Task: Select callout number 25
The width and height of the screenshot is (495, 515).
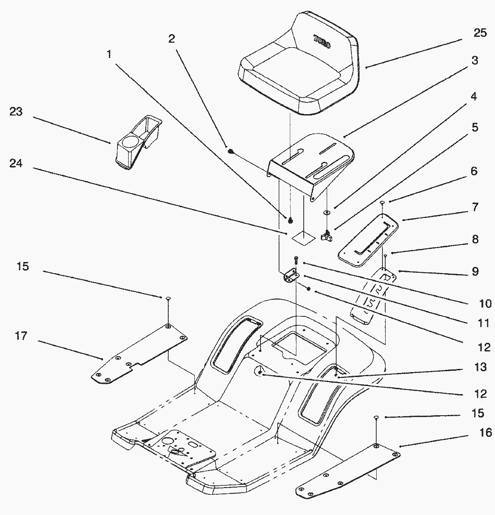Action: (x=480, y=33)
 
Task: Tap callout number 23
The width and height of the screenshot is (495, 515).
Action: (x=16, y=111)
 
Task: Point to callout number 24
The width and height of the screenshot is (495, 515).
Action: (x=16, y=164)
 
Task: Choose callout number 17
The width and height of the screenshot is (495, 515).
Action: (x=21, y=336)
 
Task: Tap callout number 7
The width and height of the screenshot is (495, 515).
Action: (x=475, y=208)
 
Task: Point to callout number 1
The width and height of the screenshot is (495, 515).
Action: (x=109, y=54)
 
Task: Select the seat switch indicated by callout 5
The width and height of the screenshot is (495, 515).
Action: (x=326, y=235)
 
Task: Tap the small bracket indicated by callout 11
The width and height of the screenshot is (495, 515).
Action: (x=290, y=275)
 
